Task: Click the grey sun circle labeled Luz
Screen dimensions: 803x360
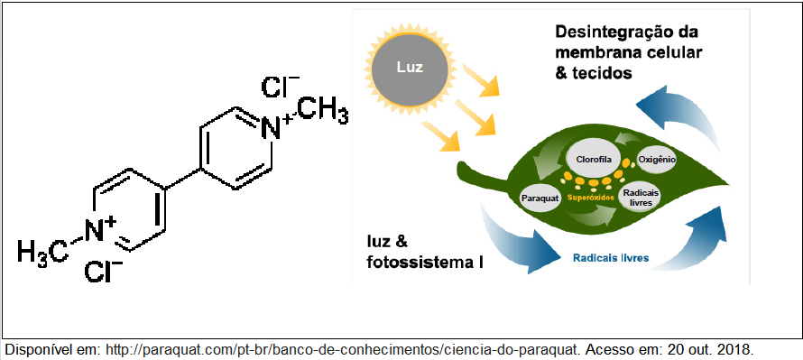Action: point(410,68)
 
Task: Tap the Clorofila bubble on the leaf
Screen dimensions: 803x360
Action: point(594,160)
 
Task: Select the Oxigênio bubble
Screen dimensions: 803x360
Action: point(657,160)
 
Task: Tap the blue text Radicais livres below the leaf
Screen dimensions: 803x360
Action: point(611,257)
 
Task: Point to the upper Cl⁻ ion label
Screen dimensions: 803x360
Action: point(280,87)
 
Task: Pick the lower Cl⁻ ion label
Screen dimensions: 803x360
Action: point(103,272)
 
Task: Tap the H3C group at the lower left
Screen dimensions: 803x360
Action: point(42,252)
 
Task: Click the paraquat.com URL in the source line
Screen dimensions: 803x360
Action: point(342,350)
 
